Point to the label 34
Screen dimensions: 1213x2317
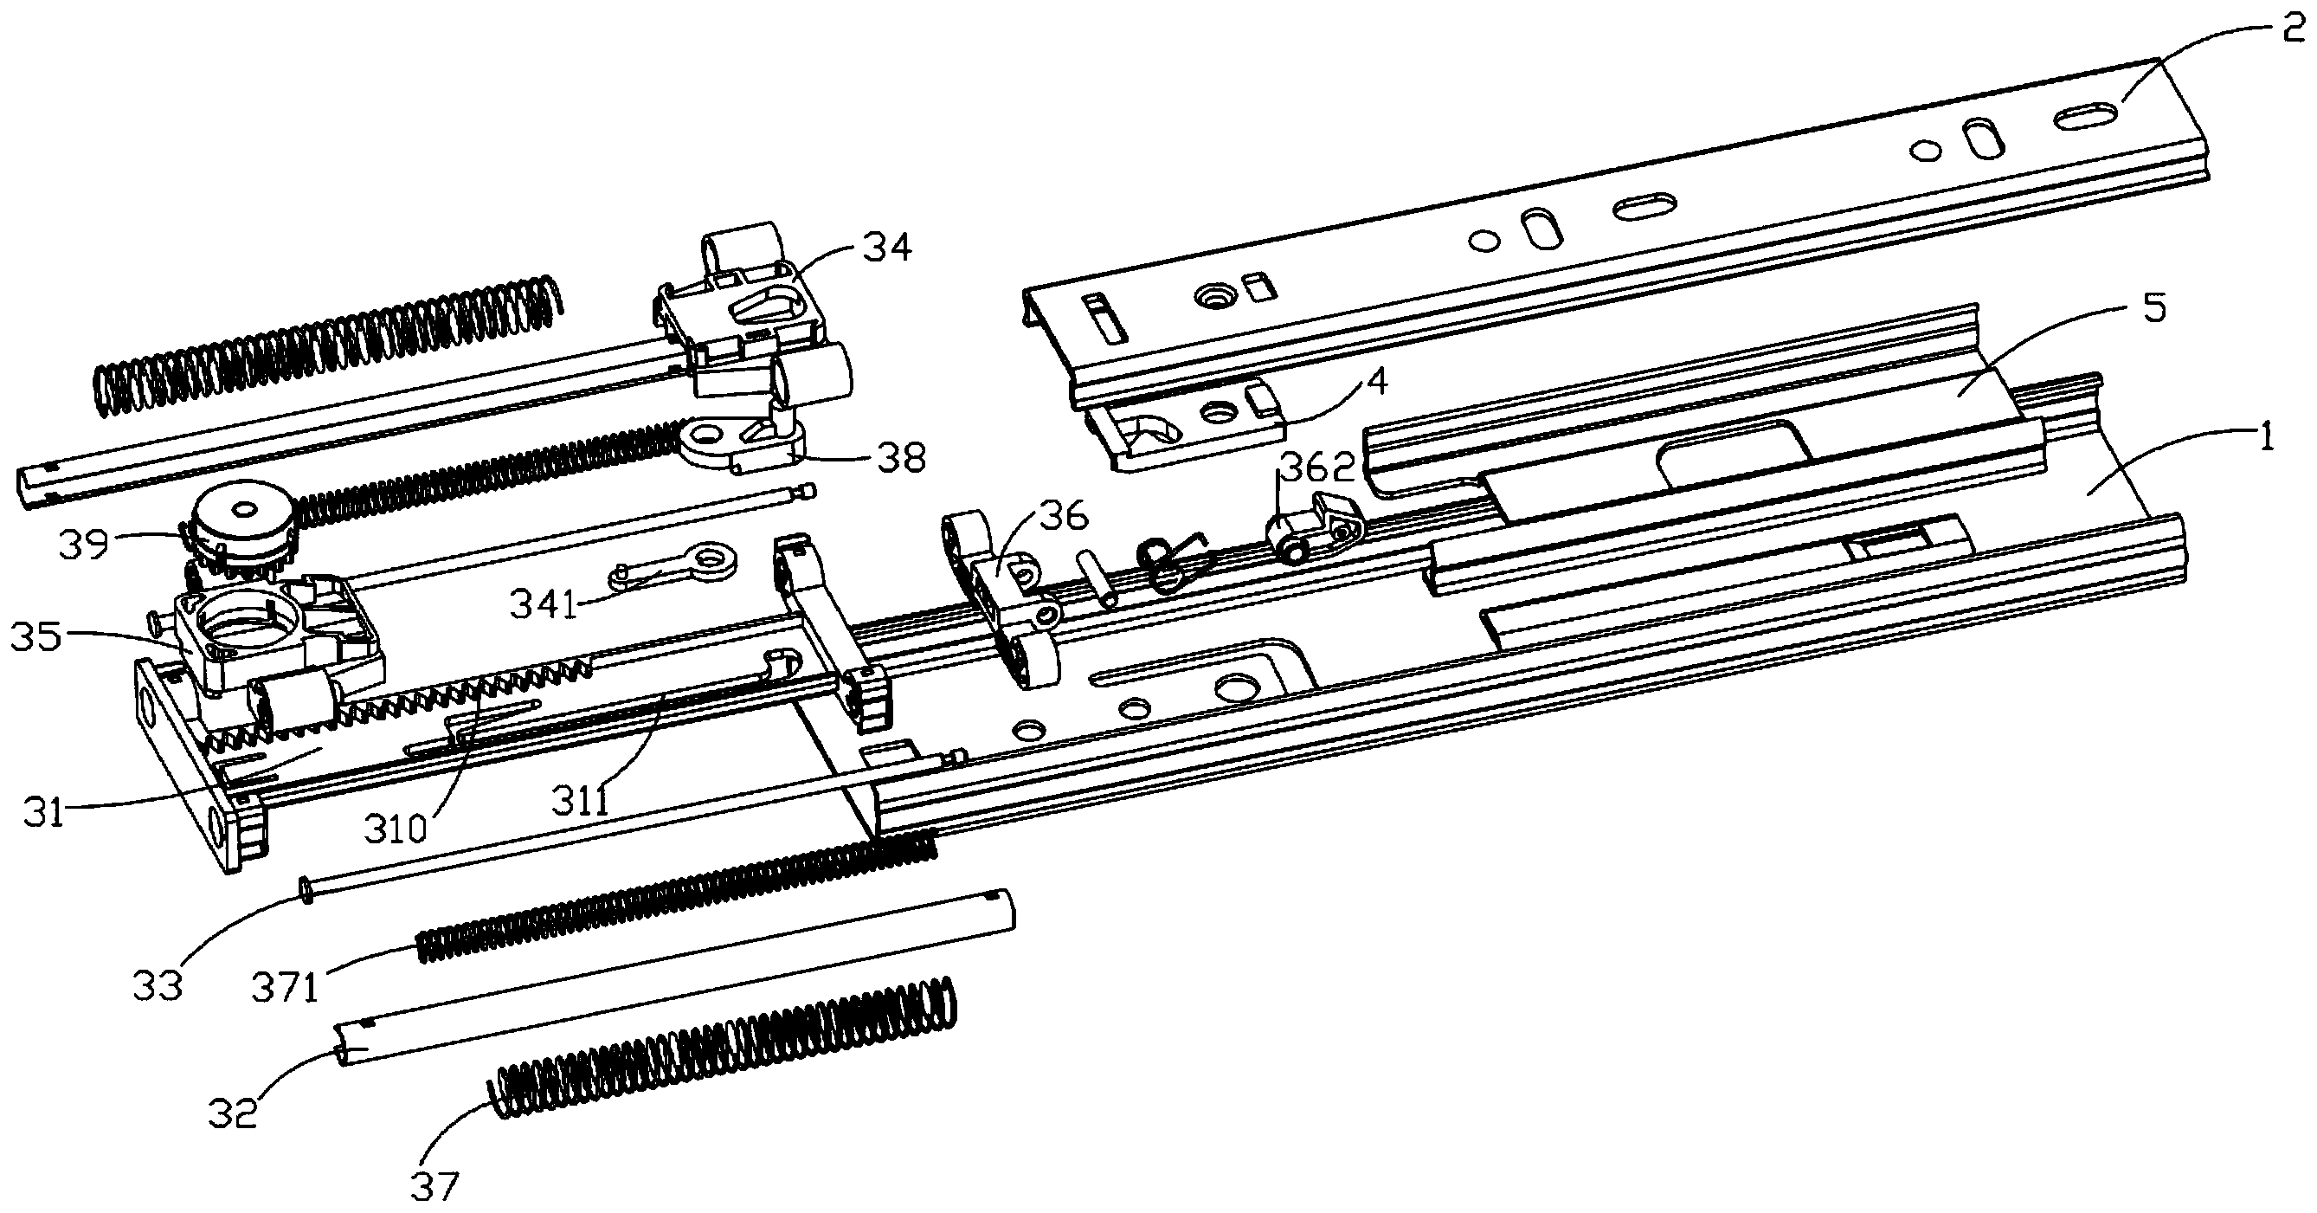point(887,247)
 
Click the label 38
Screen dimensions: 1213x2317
point(900,459)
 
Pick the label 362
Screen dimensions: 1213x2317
point(1316,468)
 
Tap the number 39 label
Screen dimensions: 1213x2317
point(84,545)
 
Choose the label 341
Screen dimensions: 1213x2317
point(544,603)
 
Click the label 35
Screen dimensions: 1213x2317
point(36,637)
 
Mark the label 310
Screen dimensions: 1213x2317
point(395,828)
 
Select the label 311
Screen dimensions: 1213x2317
point(581,800)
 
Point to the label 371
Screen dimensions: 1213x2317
point(285,989)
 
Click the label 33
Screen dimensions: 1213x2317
point(158,986)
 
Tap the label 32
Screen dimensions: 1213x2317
point(233,1113)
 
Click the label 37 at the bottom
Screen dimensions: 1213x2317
point(435,1187)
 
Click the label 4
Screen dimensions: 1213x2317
point(1376,381)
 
